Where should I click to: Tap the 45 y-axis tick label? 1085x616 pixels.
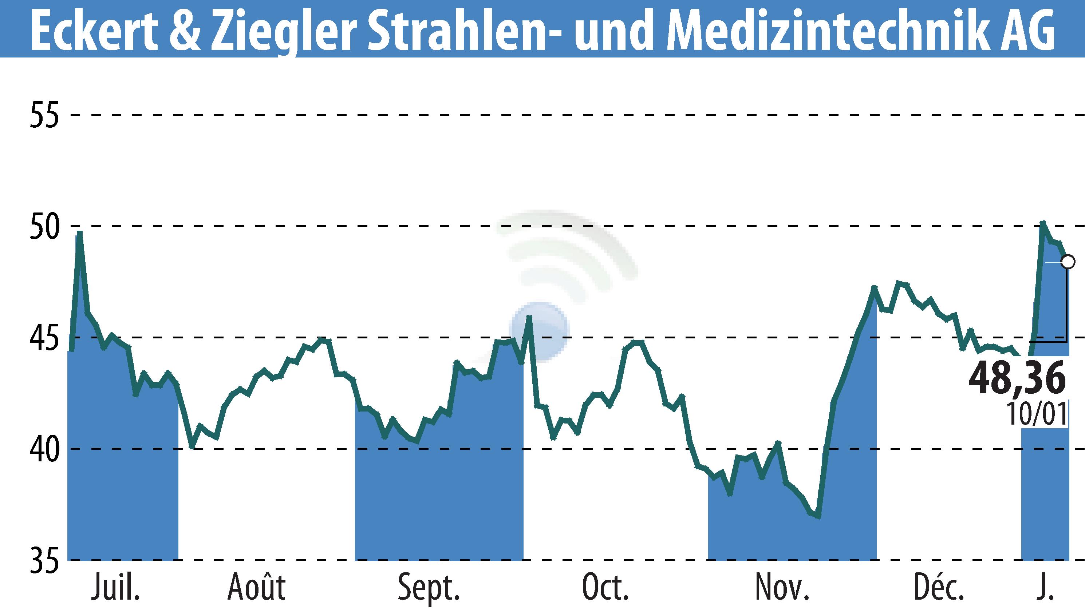tap(44, 338)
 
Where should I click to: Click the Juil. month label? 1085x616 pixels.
tap(115, 588)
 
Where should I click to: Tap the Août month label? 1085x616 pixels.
tap(257, 588)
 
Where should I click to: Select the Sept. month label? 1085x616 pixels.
tap(429, 588)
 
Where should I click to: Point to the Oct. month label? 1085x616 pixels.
tap(605, 588)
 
